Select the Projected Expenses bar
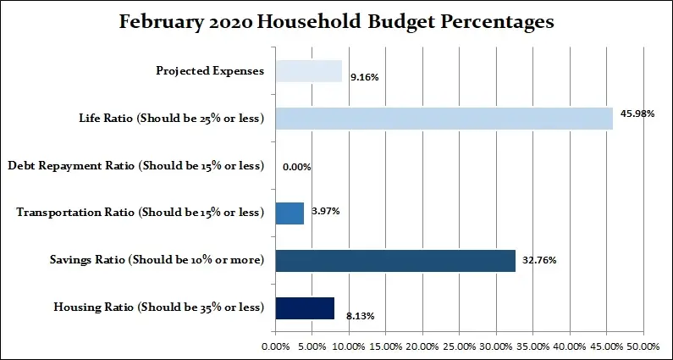point(308,71)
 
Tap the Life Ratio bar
point(444,119)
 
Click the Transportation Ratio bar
point(290,213)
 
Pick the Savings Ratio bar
point(395,260)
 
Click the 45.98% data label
point(637,114)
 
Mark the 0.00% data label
point(297,167)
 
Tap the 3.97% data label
point(325,211)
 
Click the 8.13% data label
point(360,316)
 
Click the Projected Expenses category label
point(210,71)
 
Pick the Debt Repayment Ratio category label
point(135,166)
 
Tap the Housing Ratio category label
point(159,307)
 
